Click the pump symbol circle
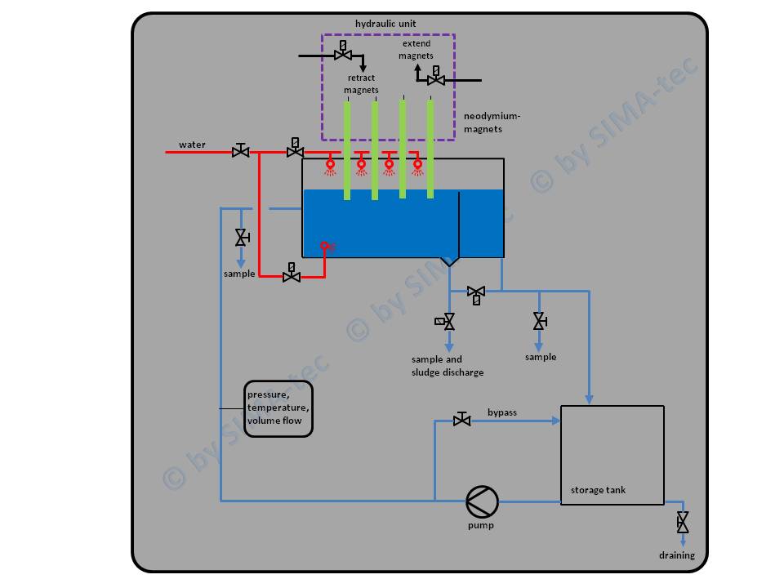(481, 501)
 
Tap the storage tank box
(612, 455)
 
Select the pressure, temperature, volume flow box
(278, 408)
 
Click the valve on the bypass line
(461, 420)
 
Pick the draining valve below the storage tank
(683, 522)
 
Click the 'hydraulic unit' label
(386, 23)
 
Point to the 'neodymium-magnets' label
(492, 122)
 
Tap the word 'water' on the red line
(193, 145)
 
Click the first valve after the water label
(240, 151)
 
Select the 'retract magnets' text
(361, 84)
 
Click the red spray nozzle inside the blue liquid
(324, 245)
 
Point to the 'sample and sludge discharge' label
(448, 366)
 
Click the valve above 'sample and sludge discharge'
(448, 323)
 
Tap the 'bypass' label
(502, 412)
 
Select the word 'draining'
(677, 555)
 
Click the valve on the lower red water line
(291, 275)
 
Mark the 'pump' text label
(481, 525)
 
